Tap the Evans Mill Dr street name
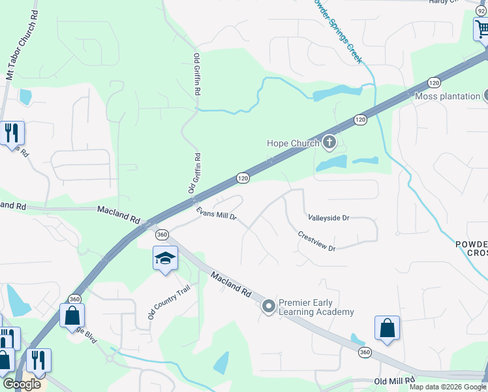tap(217, 214)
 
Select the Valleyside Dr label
tap(328, 218)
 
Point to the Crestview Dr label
tap(316, 241)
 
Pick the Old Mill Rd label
tap(395, 381)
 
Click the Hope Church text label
tap(293, 143)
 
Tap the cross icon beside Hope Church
tap(330, 142)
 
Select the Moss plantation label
tap(448, 96)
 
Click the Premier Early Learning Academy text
tap(316, 307)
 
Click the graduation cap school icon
tap(165, 258)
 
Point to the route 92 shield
tap(481, 3)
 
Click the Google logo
tap(22, 384)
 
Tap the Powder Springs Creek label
tap(337, 29)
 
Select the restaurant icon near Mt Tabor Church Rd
tap(12, 133)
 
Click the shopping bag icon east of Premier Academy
tap(387, 329)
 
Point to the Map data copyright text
tap(448, 387)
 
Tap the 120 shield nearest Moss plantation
tap(434, 82)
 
